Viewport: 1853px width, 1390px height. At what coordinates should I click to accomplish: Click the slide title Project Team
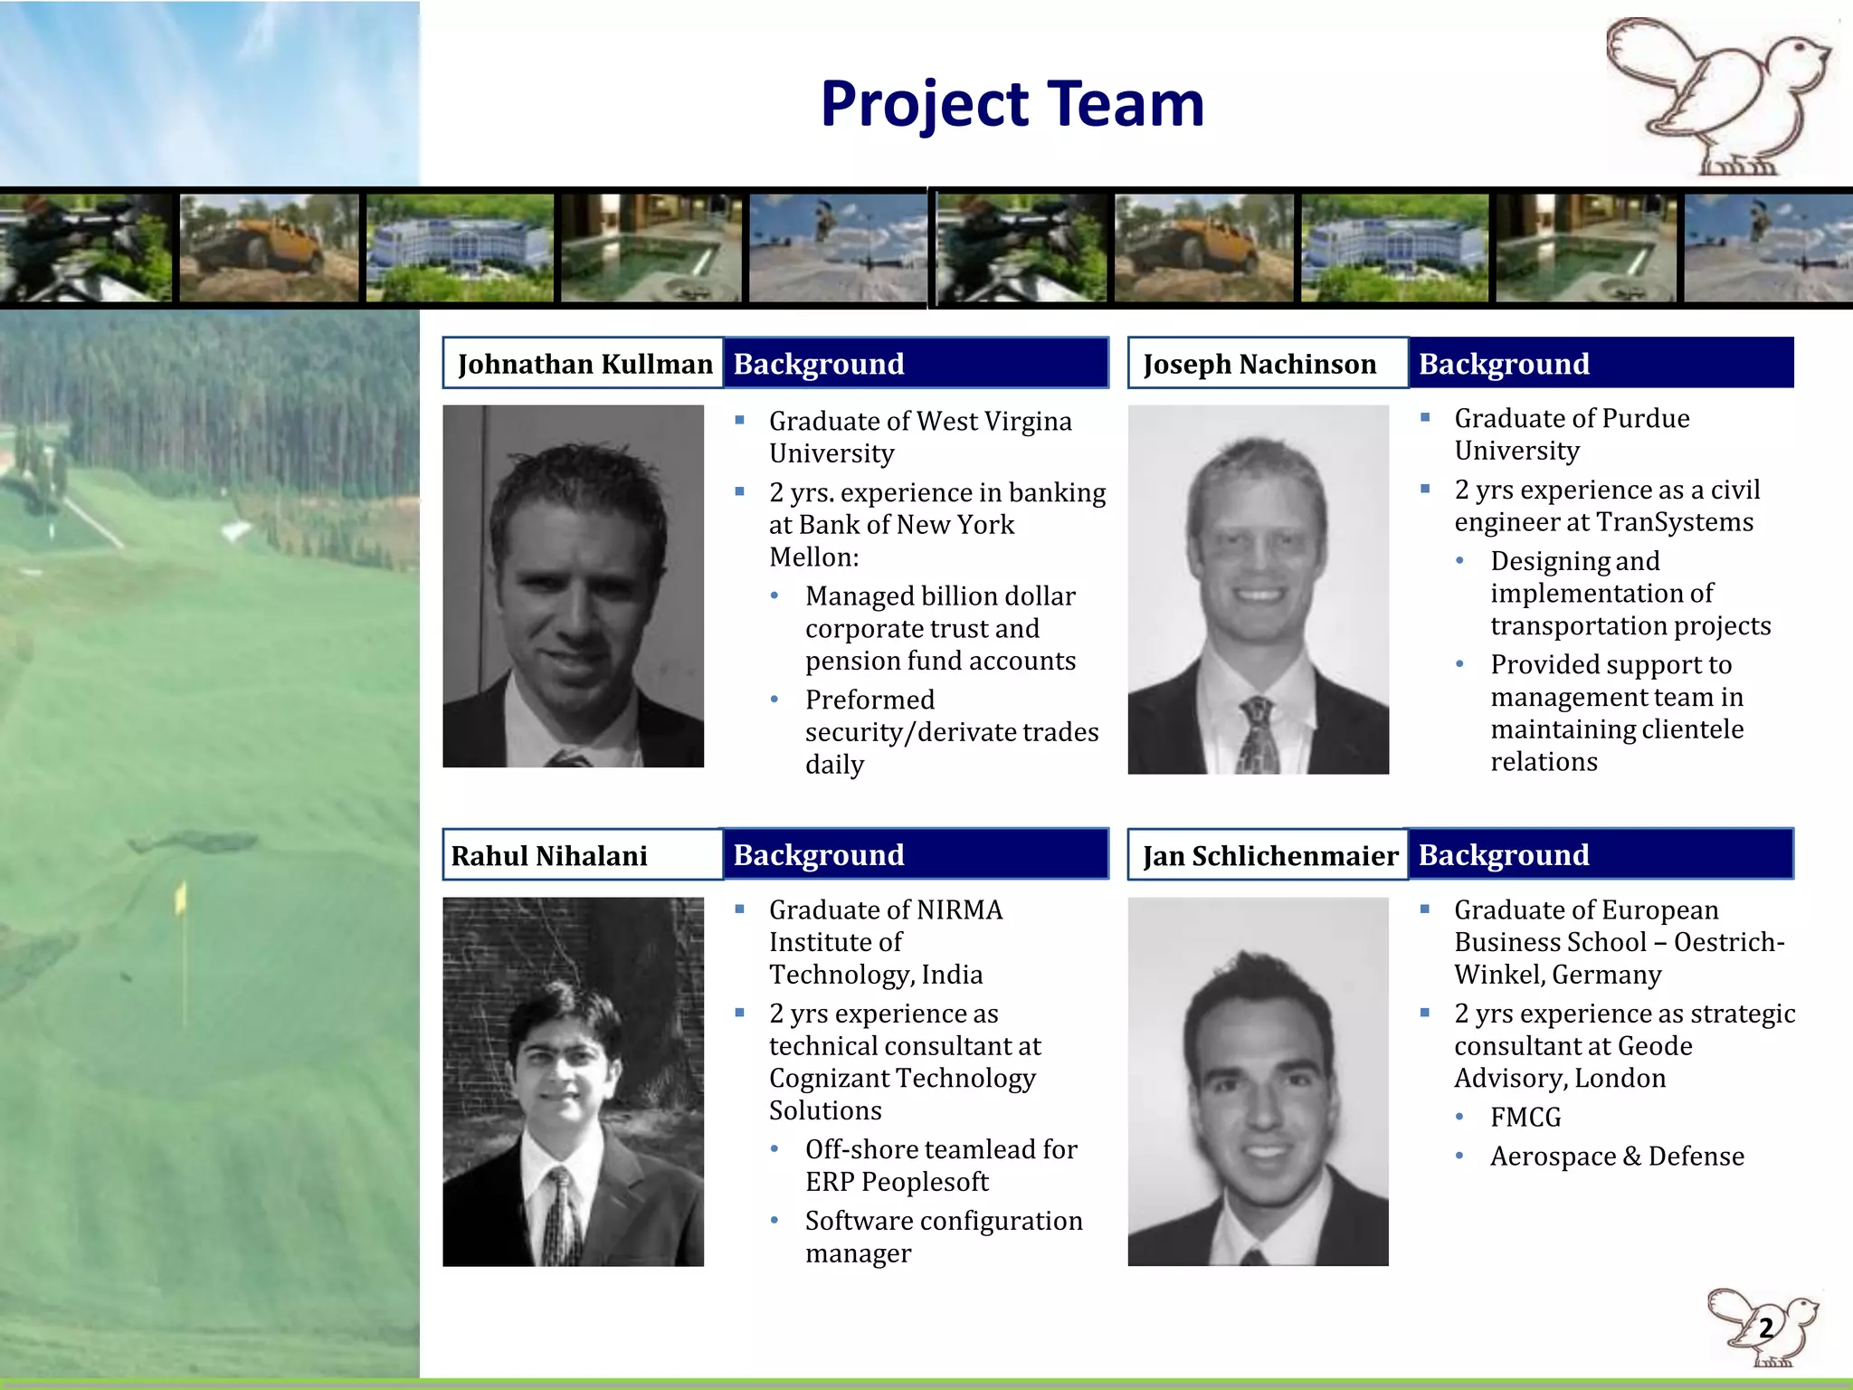(1012, 103)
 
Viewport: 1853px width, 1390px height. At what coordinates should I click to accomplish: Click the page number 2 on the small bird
(1765, 1328)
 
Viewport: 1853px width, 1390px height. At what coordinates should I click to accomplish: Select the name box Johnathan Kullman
(584, 364)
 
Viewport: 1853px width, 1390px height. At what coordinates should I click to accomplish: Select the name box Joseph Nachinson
(1267, 364)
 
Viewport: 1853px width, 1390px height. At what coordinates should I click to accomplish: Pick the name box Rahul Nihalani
(583, 855)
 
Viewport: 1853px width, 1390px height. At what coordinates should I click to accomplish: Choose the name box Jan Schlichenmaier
(1269, 855)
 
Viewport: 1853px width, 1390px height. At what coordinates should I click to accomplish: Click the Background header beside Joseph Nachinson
(1601, 364)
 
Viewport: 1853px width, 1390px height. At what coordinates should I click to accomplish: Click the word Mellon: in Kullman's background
(813, 557)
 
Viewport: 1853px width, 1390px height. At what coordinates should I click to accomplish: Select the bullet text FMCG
(1525, 1118)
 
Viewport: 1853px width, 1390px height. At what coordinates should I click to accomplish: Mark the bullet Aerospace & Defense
(1617, 1157)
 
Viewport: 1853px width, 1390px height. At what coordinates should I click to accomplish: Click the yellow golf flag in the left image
(181, 898)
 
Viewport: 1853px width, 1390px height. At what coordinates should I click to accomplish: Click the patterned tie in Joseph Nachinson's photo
(1258, 733)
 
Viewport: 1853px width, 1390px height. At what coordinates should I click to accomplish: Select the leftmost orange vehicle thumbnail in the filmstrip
(269, 247)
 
